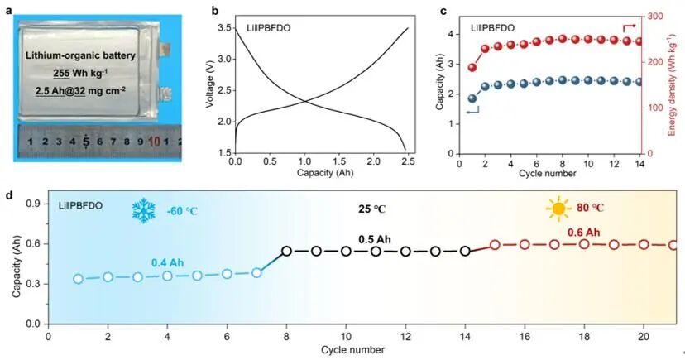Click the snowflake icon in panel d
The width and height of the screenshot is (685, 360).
[145, 210]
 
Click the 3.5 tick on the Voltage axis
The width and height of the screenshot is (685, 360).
[223, 29]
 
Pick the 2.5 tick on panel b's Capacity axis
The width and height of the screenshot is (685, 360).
[408, 163]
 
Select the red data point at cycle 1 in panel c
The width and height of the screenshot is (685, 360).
[472, 68]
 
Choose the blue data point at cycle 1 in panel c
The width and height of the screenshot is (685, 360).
[472, 98]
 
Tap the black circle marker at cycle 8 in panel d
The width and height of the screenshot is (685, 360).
[286, 251]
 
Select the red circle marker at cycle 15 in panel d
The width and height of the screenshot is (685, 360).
[495, 245]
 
